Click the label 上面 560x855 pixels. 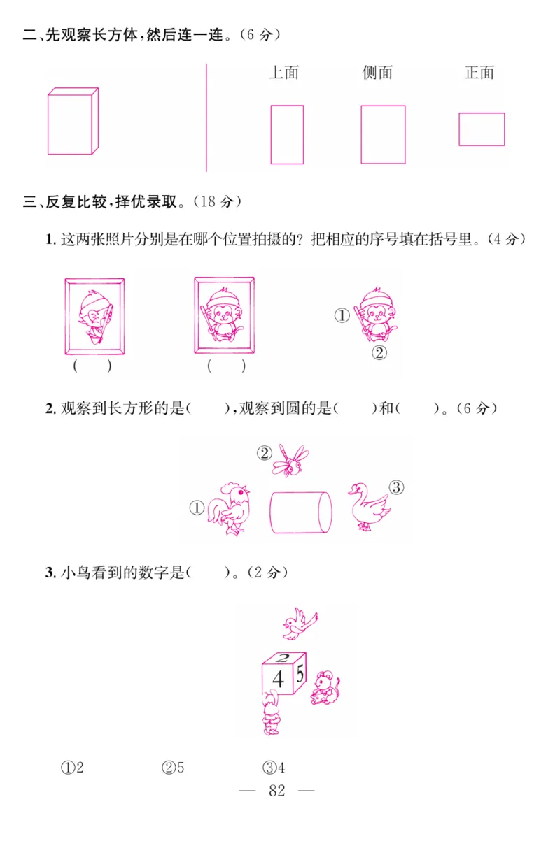coord(283,73)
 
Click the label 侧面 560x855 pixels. coord(377,73)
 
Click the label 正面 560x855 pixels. coord(479,73)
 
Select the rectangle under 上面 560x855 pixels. coord(287,134)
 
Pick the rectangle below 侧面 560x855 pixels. coord(383,134)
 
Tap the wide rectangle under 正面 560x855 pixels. coord(482,129)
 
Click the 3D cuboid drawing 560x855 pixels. coord(73,121)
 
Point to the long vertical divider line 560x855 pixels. coord(206,117)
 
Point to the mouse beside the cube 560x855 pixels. coord(325,687)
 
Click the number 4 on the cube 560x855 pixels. coord(278,679)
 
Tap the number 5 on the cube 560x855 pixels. coord(300,675)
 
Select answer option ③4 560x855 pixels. coord(274,768)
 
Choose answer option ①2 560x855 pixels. coord(72,768)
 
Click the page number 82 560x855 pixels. coord(277,791)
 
